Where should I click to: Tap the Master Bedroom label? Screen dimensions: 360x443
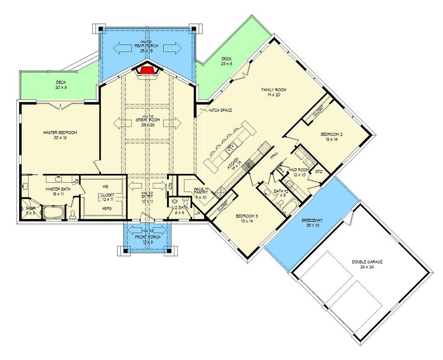click(x=60, y=132)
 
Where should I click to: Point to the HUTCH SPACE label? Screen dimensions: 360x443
click(x=219, y=110)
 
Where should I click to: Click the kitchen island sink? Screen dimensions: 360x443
click(x=230, y=150)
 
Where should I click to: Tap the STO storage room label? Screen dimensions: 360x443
click(x=318, y=170)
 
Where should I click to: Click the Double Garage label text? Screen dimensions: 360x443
click(x=367, y=262)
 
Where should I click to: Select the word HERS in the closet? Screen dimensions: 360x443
click(x=106, y=208)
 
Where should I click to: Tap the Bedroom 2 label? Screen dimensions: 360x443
click(x=332, y=134)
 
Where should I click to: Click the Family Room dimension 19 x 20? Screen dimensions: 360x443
click(x=273, y=95)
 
